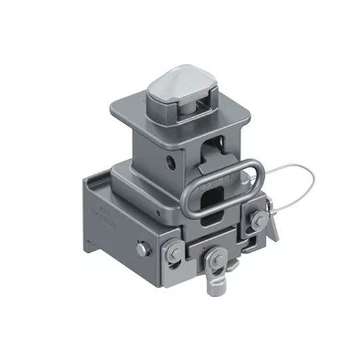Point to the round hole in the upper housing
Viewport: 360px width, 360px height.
point(172,160)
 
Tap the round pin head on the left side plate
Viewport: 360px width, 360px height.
point(142,248)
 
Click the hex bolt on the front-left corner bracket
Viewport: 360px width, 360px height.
point(171,251)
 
